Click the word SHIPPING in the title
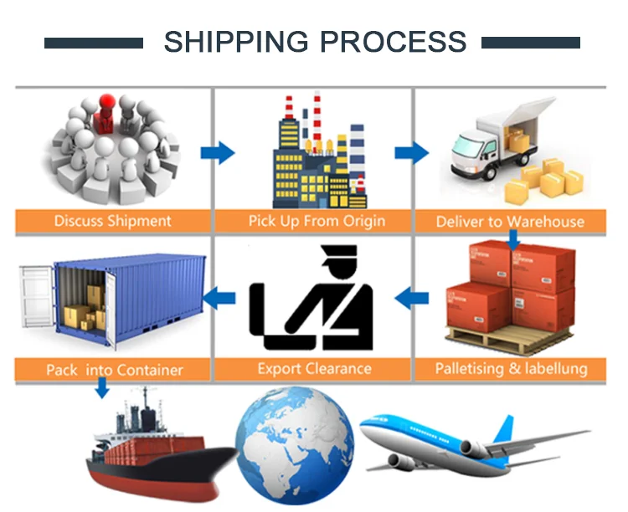[x=228, y=42]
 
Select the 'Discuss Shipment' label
[x=112, y=221]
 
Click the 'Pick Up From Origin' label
[x=317, y=221]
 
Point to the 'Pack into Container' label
[x=115, y=370]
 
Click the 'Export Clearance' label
[x=314, y=368]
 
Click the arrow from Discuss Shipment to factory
[x=218, y=153]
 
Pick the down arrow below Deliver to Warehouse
[x=513, y=241]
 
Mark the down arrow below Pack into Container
[x=101, y=387]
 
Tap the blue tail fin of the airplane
[x=502, y=428]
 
